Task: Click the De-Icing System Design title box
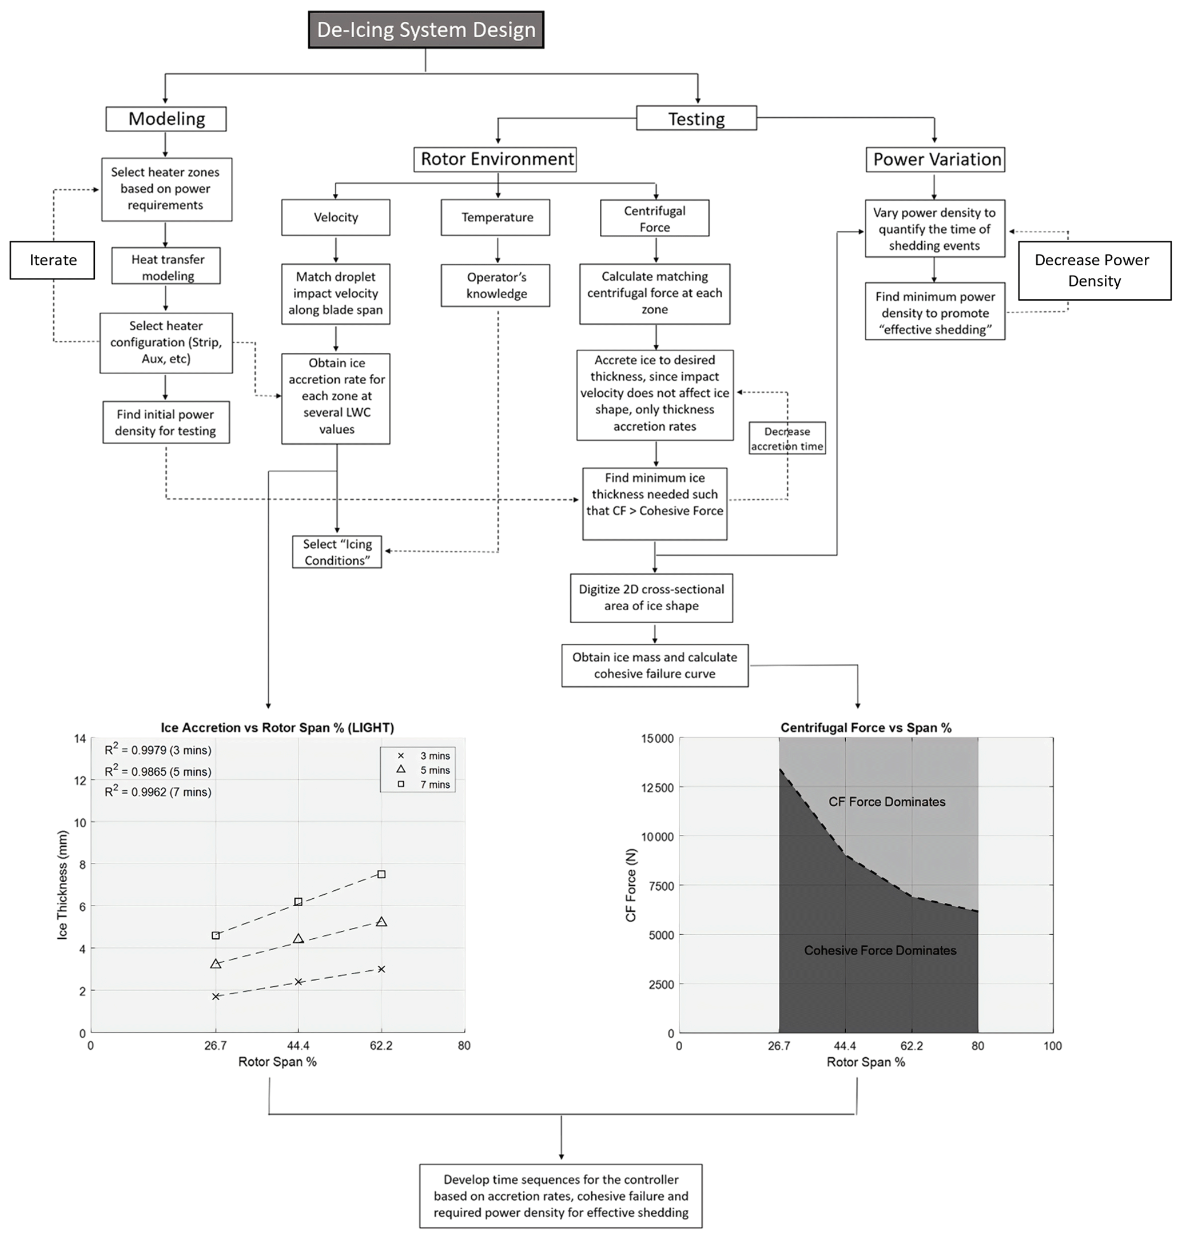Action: tap(426, 30)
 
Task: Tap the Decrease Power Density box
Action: tap(1095, 270)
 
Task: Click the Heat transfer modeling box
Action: tap(166, 267)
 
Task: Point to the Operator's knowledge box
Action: tap(495, 285)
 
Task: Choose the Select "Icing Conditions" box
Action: tap(336, 552)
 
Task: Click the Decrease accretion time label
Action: tap(787, 439)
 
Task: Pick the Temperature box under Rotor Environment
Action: tap(495, 217)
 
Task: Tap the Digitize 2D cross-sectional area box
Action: tap(651, 597)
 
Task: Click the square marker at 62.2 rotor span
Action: tap(381, 874)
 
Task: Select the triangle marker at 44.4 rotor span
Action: tap(299, 938)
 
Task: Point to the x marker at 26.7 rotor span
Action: tap(216, 997)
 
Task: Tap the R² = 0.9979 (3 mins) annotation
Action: tap(158, 750)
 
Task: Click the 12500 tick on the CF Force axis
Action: tap(658, 787)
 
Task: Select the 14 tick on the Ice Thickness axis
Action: tap(80, 738)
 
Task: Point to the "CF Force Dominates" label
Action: tap(886, 802)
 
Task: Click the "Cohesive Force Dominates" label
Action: tap(879, 950)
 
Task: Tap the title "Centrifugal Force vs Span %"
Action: tap(866, 727)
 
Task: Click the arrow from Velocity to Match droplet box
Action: tap(336, 249)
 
